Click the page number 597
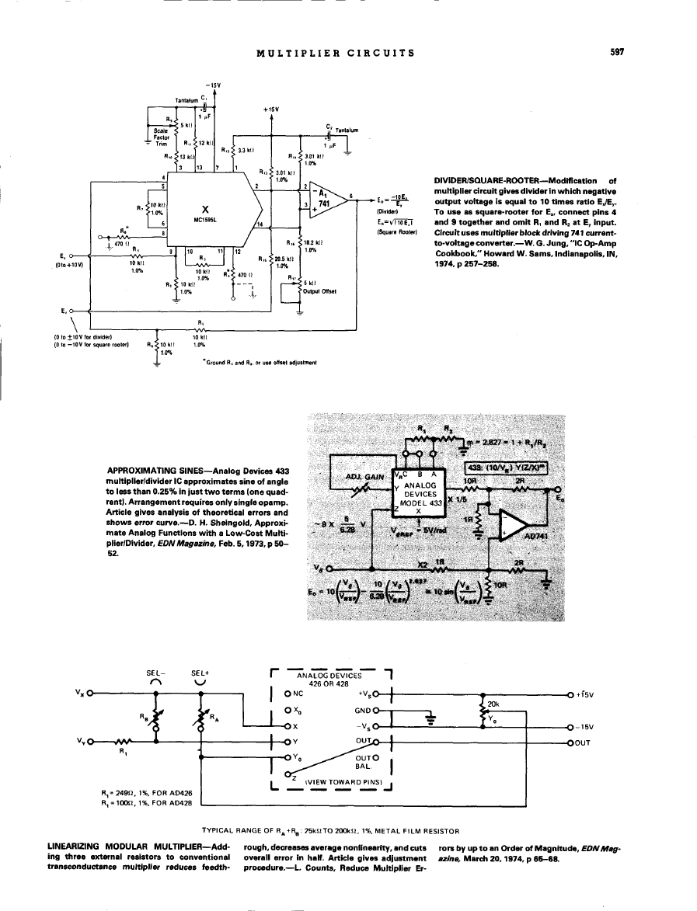tap(618, 53)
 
